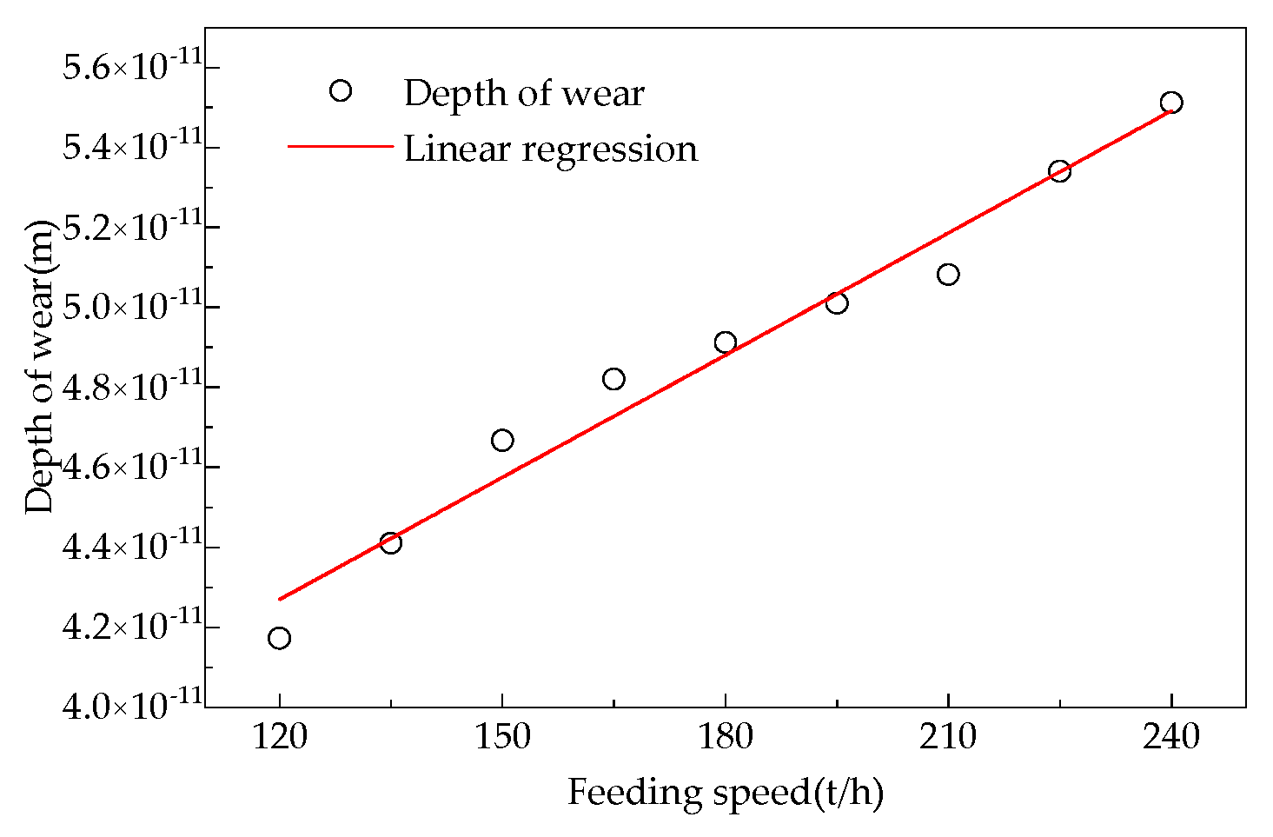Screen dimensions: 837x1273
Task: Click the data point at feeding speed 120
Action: tap(279, 638)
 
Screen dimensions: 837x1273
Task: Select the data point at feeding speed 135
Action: tap(390, 543)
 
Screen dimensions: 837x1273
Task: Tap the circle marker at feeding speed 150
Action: tap(502, 441)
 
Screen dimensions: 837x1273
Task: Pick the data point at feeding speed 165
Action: tap(613, 379)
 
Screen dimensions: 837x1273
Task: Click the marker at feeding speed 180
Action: tap(726, 342)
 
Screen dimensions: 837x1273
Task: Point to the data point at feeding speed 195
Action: tap(837, 303)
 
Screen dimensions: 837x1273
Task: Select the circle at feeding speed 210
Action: tap(948, 275)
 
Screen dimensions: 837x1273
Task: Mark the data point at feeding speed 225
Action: tap(1059, 170)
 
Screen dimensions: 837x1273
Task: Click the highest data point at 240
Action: tap(1171, 103)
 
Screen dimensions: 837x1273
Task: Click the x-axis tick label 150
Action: tap(502, 737)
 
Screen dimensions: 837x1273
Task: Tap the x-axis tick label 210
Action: tap(948, 737)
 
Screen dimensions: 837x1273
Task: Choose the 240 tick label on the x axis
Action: tap(1171, 737)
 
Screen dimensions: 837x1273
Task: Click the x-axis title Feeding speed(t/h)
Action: tap(726, 793)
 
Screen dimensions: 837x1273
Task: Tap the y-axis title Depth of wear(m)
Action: tap(39, 367)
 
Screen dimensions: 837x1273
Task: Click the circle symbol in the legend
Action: tap(341, 90)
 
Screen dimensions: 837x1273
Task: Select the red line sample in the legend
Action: tap(341, 146)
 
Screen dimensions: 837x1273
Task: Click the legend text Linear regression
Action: tap(550, 149)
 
